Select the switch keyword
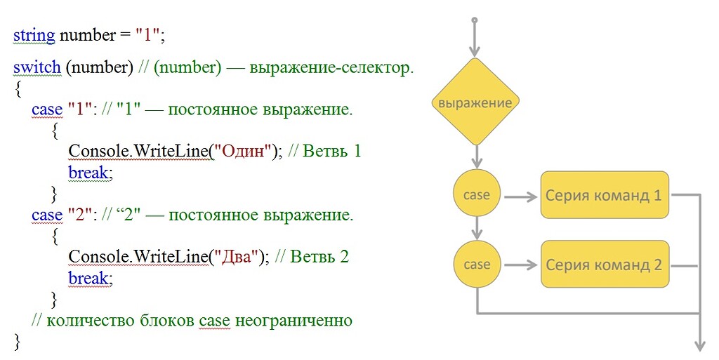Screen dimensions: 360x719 pyautogui.click(x=37, y=68)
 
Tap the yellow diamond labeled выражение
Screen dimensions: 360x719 pyautogui.click(x=475, y=102)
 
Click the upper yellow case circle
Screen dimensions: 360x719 pyautogui.click(x=477, y=194)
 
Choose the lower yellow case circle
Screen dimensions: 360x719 pyautogui.click(x=477, y=265)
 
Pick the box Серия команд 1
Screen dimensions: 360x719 pyautogui.click(x=605, y=194)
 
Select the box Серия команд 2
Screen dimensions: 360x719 pyautogui.click(x=605, y=265)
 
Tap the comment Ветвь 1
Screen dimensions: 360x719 pyautogui.click(x=333, y=151)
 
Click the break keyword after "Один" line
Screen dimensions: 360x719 pyautogui.click(x=89, y=172)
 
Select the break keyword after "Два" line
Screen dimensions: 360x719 pyautogui.click(x=89, y=278)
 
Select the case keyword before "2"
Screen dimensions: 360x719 pyautogui.click(x=47, y=215)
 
